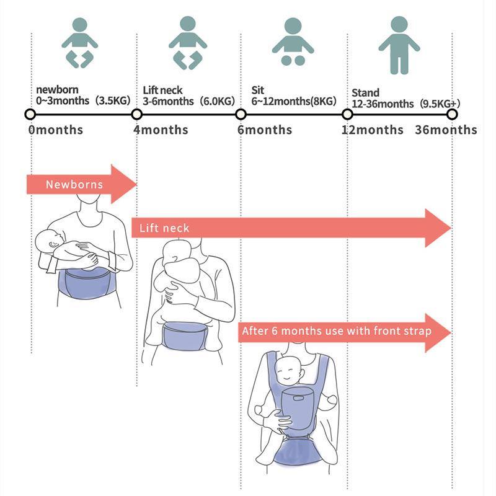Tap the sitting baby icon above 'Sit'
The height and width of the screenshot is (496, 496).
click(x=293, y=42)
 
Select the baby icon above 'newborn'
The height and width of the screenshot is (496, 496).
click(x=79, y=43)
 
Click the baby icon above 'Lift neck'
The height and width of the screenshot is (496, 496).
click(x=187, y=43)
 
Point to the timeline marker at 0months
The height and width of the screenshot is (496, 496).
click(x=29, y=115)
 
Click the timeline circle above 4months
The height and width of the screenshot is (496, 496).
click(x=137, y=115)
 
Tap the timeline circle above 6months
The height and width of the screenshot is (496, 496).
click(x=241, y=115)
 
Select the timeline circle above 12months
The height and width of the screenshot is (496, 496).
click(x=347, y=115)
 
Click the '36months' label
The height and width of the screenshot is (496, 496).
click(x=446, y=130)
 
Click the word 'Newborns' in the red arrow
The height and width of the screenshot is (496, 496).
click(x=74, y=185)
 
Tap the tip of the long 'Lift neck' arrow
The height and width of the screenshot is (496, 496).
click(x=449, y=228)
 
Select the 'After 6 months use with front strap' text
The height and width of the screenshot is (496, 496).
click(x=336, y=331)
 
